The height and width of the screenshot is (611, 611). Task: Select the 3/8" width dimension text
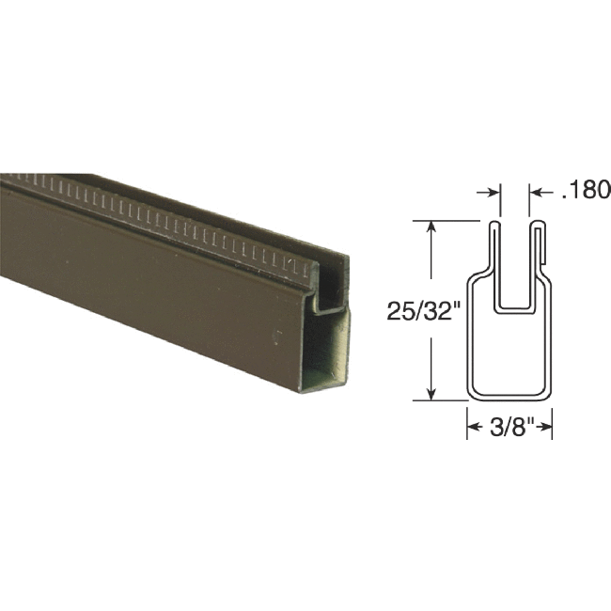[x=509, y=427]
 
